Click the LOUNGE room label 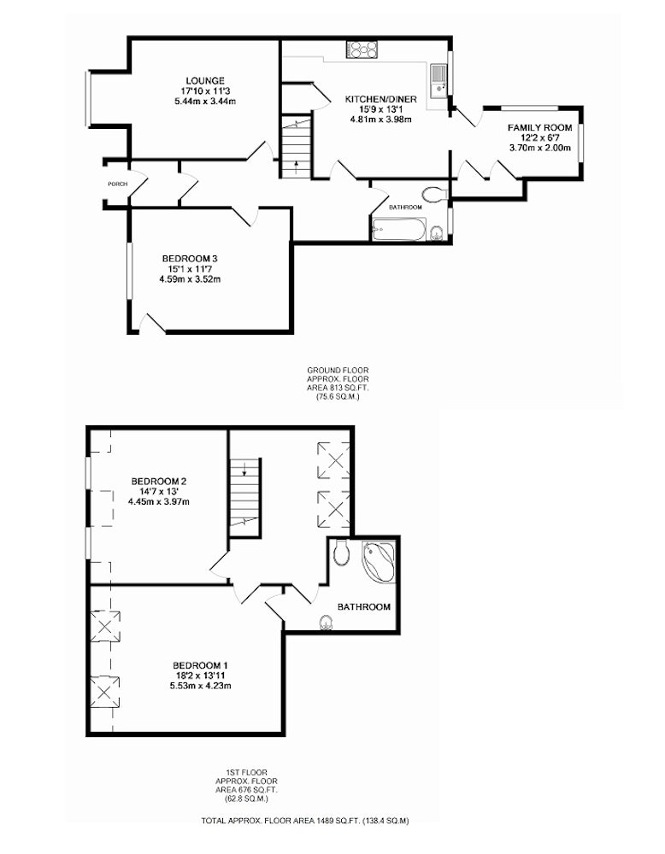click(x=204, y=81)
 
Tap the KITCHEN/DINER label click(x=381, y=99)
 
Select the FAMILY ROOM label click(x=540, y=128)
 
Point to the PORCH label click(x=117, y=184)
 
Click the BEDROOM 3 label click(x=190, y=259)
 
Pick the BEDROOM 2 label click(x=159, y=482)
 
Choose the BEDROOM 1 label click(x=200, y=665)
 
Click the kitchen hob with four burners click(x=362, y=50)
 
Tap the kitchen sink click(x=438, y=80)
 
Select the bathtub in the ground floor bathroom click(x=398, y=229)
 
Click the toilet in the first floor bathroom click(x=342, y=552)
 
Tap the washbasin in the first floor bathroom click(x=327, y=622)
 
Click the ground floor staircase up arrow click(x=296, y=166)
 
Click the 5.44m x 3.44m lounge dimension click(x=204, y=101)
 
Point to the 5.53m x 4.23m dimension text click(x=200, y=685)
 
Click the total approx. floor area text click(x=305, y=820)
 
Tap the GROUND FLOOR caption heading click(x=338, y=371)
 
